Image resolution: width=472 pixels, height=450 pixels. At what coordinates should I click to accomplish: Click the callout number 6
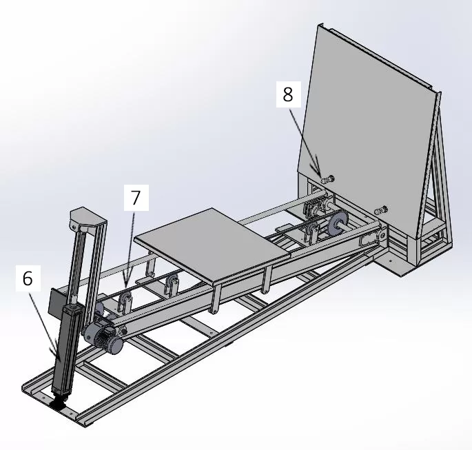coord(28,279)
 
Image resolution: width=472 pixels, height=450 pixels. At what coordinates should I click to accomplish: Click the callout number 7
coord(136,198)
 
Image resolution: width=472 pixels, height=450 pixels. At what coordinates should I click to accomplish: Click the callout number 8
coord(287,94)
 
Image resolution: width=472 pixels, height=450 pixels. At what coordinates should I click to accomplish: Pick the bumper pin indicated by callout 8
coord(327,179)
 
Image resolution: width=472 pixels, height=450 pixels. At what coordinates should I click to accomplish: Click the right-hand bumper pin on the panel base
coord(381,209)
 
